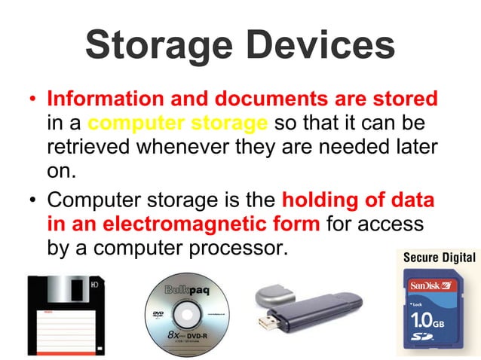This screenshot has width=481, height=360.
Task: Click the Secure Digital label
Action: click(439, 258)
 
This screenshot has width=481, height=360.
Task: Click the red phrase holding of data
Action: click(357, 202)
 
